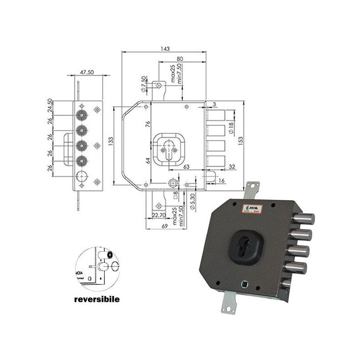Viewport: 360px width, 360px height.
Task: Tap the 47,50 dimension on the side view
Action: tap(87, 72)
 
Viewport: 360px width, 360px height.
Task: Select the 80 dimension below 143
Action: tap(180, 58)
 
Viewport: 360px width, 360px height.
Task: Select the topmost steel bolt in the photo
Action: tap(302, 220)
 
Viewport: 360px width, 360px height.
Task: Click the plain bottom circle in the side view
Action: tap(81, 176)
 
